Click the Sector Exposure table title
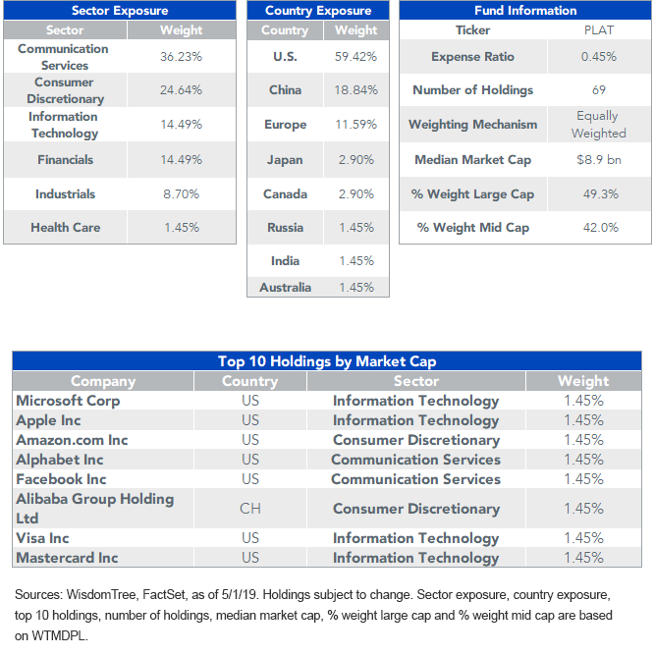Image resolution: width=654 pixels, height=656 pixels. pyautogui.click(x=120, y=11)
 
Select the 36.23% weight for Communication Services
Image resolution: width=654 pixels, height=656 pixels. pyautogui.click(x=182, y=57)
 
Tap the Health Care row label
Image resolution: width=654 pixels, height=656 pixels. pyautogui.click(x=65, y=227)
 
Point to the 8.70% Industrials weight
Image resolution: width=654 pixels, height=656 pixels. pyautogui.click(x=182, y=193)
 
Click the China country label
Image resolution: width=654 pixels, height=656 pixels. pyautogui.click(x=285, y=90)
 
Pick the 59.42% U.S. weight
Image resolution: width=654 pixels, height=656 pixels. pyautogui.click(x=356, y=57)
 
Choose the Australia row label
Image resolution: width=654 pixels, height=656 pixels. pyautogui.click(x=285, y=288)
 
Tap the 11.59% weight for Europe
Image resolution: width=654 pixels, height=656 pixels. pyautogui.click(x=356, y=125)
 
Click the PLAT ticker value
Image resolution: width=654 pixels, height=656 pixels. pyautogui.click(x=599, y=30)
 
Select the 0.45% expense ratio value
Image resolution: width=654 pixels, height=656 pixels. pyautogui.click(x=599, y=57)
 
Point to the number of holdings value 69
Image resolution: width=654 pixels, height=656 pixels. pyautogui.click(x=599, y=90)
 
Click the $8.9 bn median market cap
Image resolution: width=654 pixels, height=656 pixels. pyautogui.click(x=599, y=159)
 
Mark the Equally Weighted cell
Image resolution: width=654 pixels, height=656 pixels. pyautogui.click(x=599, y=125)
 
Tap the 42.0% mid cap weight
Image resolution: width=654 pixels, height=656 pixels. pyautogui.click(x=600, y=227)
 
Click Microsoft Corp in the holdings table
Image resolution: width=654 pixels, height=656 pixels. pyautogui.click(x=68, y=401)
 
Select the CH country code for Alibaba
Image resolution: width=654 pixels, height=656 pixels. pyautogui.click(x=250, y=509)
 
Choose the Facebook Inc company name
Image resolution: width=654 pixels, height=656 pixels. pyautogui.click(x=61, y=479)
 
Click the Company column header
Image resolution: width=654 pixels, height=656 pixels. pyautogui.click(x=103, y=381)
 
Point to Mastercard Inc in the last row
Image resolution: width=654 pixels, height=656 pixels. pyautogui.click(x=67, y=558)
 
